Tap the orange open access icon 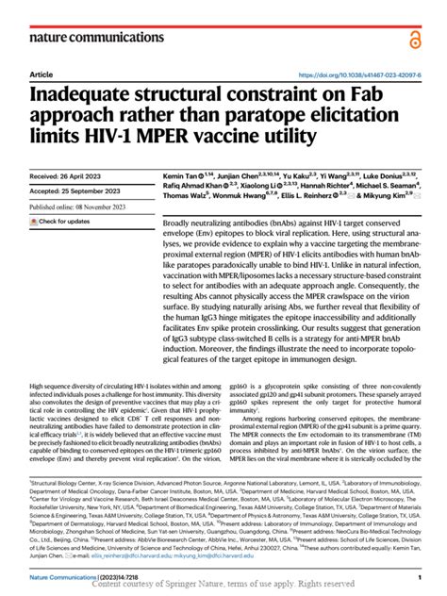[x=413, y=38]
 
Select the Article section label [x=41, y=74]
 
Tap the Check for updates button [x=63, y=221]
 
